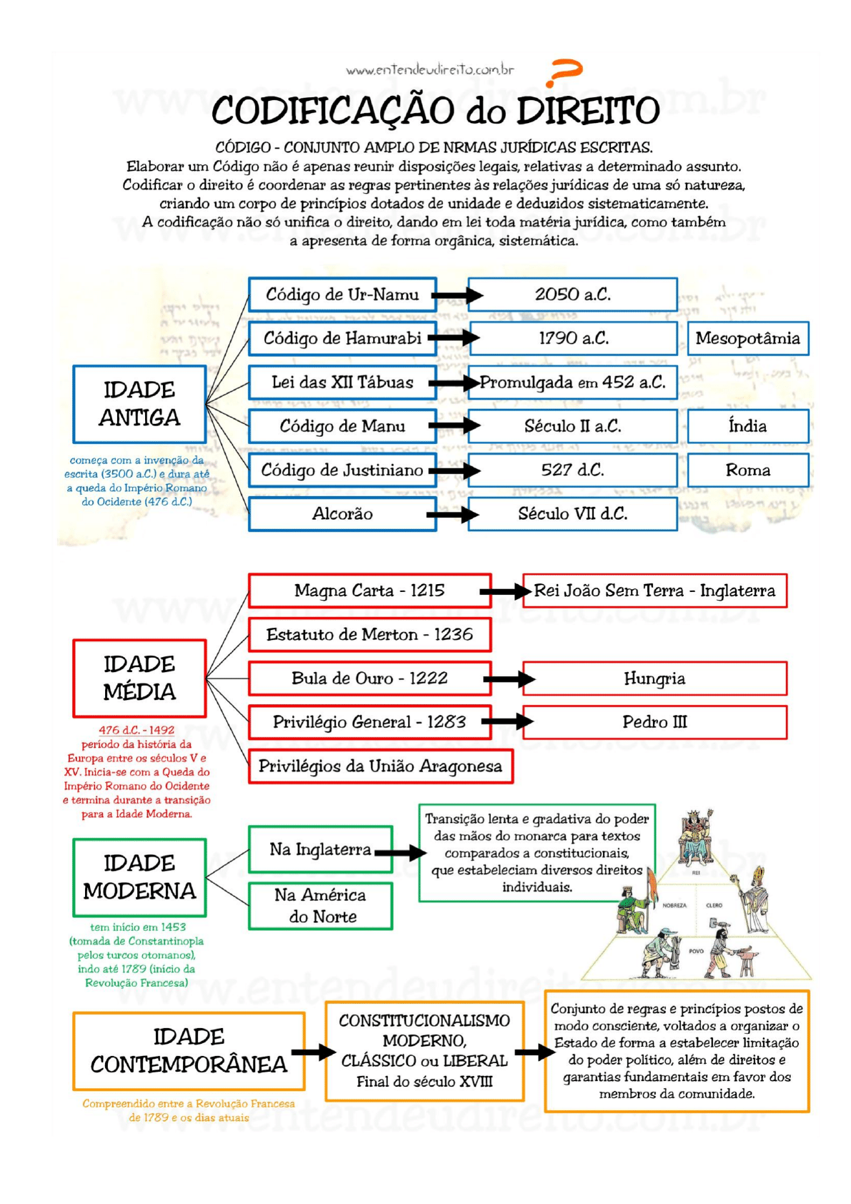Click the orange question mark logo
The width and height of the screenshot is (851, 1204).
click(x=564, y=72)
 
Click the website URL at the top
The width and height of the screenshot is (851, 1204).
click(x=429, y=69)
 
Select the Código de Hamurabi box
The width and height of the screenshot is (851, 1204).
click(x=342, y=338)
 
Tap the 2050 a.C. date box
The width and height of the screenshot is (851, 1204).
click(x=572, y=295)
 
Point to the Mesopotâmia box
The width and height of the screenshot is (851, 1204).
click(x=747, y=338)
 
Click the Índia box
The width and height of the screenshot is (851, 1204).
click(x=747, y=426)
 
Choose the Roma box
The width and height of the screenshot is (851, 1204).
click(x=747, y=470)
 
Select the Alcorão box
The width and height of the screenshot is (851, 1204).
click(x=342, y=513)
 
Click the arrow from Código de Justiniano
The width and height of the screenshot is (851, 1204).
click(x=454, y=470)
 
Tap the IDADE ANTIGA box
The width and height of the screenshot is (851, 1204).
click(x=139, y=404)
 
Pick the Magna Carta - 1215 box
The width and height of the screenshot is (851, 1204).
click(x=369, y=591)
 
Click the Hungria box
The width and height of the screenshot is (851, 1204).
click(x=654, y=679)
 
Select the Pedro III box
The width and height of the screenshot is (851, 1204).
click(x=654, y=722)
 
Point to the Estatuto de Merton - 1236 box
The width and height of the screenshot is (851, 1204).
click(x=369, y=634)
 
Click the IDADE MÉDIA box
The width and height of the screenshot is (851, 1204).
click(x=139, y=678)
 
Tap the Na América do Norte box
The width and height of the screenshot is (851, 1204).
click(x=321, y=906)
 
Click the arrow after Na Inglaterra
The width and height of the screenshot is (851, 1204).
click(x=401, y=852)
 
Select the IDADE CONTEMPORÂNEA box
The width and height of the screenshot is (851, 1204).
click(x=189, y=1050)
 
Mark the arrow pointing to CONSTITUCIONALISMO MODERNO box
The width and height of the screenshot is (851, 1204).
click(x=314, y=1052)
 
